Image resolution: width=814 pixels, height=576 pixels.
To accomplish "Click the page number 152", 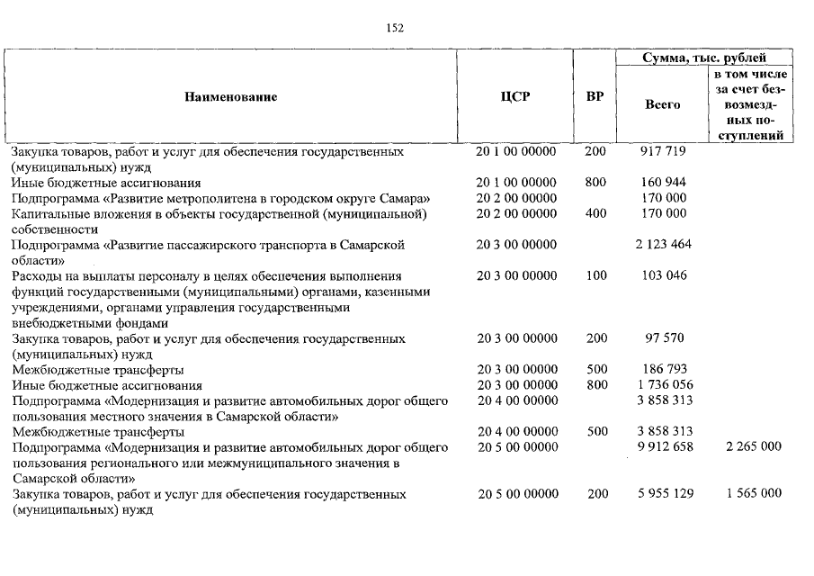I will (x=395, y=28).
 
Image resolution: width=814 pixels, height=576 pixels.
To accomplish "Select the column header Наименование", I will (x=231, y=97).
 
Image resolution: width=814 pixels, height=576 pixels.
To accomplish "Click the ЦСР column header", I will (x=515, y=97).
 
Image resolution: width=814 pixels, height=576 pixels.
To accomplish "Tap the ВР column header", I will (x=595, y=97).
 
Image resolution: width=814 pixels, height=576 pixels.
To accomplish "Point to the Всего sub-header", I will (x=663, y=104).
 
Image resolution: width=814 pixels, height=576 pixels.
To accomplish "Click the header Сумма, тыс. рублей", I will (x=703, y=58).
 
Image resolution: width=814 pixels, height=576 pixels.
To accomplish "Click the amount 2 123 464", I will (x=663, y=245).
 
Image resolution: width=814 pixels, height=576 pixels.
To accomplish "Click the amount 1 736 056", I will (x=664, y=385).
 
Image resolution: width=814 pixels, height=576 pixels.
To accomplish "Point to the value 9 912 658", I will (x=664, y=447).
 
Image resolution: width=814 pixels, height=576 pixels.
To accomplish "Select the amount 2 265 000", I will (x=754, y=447).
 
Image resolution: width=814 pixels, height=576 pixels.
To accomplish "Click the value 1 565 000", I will (x=754, y=494).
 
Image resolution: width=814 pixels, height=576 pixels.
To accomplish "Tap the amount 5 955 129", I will (x=664, y=494).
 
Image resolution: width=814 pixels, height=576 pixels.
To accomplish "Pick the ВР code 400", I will (x=595, y=213).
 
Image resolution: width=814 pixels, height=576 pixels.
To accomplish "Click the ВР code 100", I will (x=595, y=275).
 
